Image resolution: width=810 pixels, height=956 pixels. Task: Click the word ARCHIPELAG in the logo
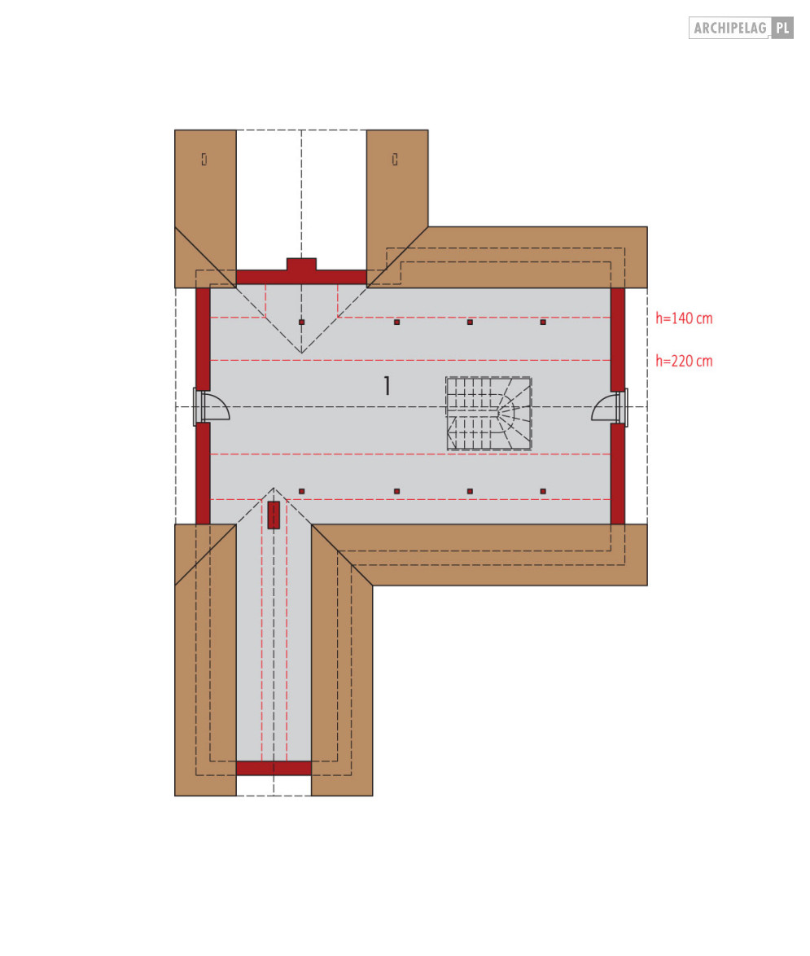coord(729,29)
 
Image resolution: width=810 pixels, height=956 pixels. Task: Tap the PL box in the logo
coord(782,29)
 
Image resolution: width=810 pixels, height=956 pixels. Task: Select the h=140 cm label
coord(684,318)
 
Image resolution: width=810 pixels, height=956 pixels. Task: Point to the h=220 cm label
coord(684,361)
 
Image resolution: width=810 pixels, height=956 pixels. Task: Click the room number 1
coord(387,386)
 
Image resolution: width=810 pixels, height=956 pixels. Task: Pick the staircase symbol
coord(488,413)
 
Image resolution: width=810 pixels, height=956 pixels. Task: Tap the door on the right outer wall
coord(606,408)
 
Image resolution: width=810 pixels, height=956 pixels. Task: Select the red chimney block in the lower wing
coord(274,515)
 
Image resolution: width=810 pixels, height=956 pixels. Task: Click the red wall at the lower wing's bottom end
coord(274,768)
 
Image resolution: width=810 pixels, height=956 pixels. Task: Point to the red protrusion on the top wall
coord(301,265)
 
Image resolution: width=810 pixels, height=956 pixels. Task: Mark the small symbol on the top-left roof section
coord(204,160)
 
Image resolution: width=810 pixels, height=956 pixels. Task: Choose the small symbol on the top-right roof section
coord(395,160)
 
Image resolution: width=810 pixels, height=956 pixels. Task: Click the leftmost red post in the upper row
coord(301,322)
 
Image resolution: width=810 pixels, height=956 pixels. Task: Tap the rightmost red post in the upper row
coord(543,322)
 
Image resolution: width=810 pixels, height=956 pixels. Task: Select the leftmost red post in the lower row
coord(301,492)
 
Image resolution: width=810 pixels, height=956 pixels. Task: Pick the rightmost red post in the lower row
coord(543,492)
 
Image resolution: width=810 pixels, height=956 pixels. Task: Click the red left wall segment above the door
coord(203,339)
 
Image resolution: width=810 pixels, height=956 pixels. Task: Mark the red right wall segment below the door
coord(618,473)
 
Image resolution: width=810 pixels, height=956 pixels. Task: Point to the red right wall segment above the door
coord(618,339)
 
